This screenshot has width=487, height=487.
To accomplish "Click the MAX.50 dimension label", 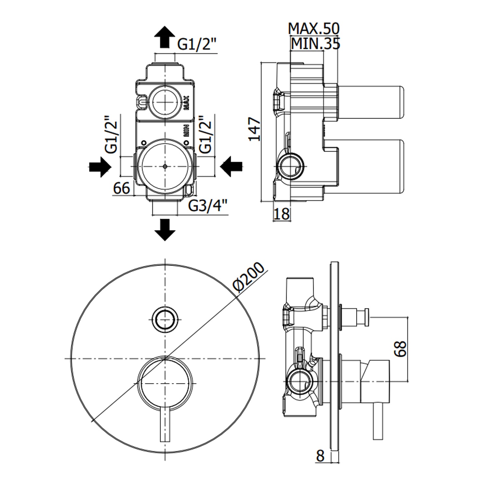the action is click(314, 29).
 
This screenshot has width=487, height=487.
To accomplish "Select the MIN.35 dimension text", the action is click(315, 44).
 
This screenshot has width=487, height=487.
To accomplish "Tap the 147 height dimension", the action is click(255, 129).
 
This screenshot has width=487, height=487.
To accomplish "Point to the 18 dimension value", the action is click(281, 214).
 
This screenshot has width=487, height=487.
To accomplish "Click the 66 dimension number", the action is click(122, 188).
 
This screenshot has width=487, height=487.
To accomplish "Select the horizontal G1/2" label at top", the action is click(197, 44).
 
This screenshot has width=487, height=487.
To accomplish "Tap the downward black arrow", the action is click(165, 230).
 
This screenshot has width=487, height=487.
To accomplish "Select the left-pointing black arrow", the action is click(231, 167).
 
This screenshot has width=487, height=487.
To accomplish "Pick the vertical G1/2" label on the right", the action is click(206, 134).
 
